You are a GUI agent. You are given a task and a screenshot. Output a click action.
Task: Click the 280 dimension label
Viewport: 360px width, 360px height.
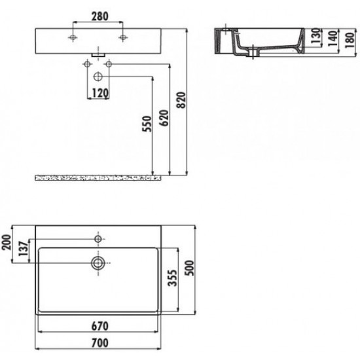coord(100,16)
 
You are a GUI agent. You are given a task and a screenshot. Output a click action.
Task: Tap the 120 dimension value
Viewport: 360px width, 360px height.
coord(100,93)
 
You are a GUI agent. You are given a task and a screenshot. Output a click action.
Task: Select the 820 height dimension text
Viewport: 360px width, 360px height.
coord(181,100)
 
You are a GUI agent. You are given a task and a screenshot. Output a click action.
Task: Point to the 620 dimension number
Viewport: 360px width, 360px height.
coord(164,118)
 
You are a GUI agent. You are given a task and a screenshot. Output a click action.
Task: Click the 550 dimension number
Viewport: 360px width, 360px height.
coord(147,124)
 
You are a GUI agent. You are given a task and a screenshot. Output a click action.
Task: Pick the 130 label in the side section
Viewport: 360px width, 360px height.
coord(315,36)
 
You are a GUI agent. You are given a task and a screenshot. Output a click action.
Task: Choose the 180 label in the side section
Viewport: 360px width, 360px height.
coord(350,40)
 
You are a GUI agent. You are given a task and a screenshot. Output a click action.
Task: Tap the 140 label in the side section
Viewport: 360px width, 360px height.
coord(333,39)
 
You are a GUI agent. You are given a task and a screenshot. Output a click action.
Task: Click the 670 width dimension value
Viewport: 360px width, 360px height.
coord(100,326)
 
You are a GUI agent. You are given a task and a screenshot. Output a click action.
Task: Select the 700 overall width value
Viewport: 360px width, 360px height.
coord(100,343)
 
